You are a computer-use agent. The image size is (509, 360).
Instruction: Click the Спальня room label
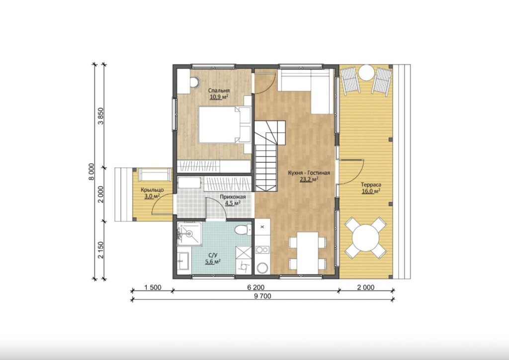coord(219,90)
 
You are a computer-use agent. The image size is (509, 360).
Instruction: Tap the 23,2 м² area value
coord(309,179)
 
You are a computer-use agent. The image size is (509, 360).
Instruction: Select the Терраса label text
coord(371,184)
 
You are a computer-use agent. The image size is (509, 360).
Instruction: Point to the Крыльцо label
coord(152,190)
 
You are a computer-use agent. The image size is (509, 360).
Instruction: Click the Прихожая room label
coord(233,197)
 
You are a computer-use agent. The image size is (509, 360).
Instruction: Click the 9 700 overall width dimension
coord(263,296)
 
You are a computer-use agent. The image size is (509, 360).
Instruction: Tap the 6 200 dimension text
coord(256,287)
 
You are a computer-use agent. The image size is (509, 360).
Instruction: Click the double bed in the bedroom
coord(225,125)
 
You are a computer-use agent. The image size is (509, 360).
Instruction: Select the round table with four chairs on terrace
coord(365,237)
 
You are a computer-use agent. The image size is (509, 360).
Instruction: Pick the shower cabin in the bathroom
coord(189,233)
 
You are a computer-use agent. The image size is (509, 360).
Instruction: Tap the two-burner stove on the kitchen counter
coord(262,250)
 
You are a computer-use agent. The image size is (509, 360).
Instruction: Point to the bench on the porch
coord(155,175)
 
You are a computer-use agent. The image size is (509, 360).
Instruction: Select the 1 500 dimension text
coord(153,287)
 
